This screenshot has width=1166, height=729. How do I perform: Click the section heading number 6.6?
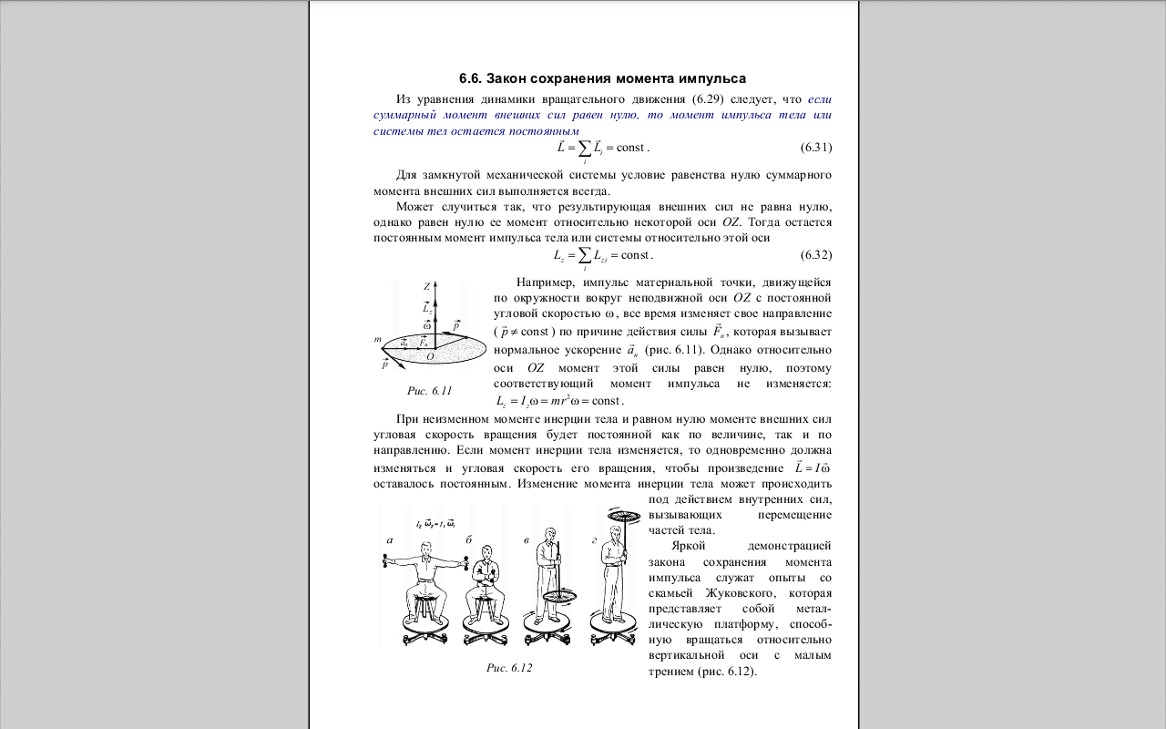(471, 79)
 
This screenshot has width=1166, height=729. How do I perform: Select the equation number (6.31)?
(815, 148)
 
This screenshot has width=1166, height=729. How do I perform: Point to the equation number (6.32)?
(815, 254)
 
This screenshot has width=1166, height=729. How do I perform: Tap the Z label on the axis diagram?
(426, 286)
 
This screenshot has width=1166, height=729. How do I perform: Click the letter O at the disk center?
(430, 356)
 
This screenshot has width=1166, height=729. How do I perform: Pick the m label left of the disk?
(377, 339)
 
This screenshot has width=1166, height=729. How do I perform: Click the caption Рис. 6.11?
(429, 391)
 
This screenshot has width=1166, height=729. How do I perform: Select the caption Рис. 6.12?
(509, 668)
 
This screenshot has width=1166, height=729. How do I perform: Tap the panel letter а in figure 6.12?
(389, 539)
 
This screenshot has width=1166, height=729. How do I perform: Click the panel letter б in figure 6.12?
(469, 539)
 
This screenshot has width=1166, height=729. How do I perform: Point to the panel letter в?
(527, 539)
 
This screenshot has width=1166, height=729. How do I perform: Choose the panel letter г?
(594, 539)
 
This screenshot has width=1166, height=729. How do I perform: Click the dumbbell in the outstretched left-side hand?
(385, 564)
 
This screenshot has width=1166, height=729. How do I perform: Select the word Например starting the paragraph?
(546, 282)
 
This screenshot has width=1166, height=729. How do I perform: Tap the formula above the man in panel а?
(435, 523)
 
